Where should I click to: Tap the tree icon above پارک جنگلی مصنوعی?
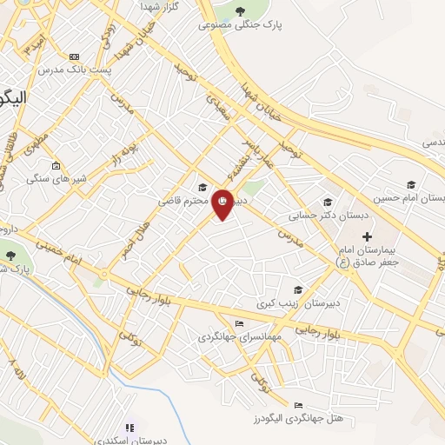pyautogui.click(x=240, y=11)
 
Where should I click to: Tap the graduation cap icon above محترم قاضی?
pyautogui.click(x=203, y=187)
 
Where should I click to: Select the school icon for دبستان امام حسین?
pyautogui.click(x=410, y=184)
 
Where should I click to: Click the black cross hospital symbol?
pyautogui.click(x=367, y=236)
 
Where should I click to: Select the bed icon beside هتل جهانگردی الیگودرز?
pyautogui.click(x=298, y=405)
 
